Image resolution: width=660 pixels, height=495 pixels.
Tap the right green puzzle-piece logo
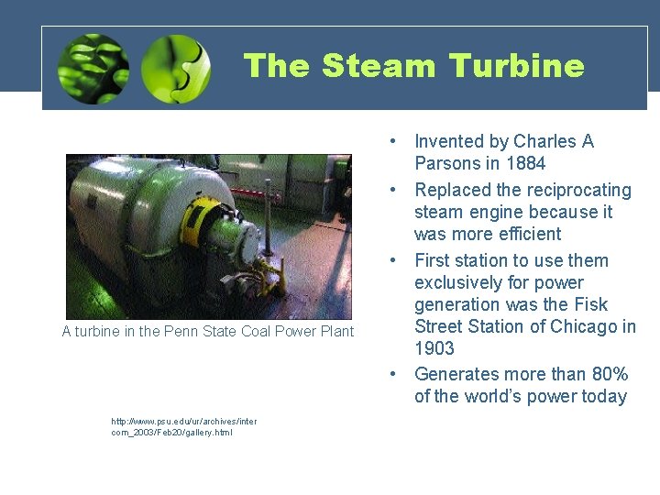[x=176, y=69]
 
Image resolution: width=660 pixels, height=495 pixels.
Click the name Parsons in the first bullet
[x=446, y=164]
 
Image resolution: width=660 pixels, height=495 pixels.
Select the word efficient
[x=524, y=234]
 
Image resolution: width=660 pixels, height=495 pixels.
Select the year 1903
[x=434, y=348]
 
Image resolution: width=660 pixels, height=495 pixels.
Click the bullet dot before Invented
[x=392, y=142]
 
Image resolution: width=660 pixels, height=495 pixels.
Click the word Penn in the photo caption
[x=179, y=332]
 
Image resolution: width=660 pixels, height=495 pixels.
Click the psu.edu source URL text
[x=183, y=426]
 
